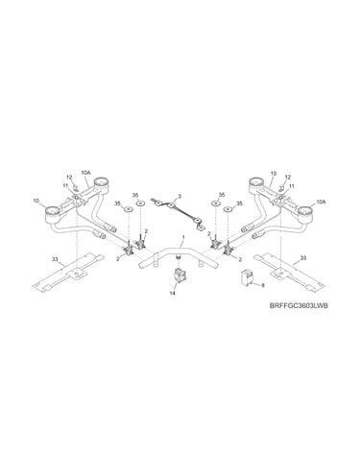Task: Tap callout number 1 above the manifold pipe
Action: (x=183, y=237)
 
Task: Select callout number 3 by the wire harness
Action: (x=180, y=196)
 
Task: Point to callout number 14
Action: (x=173, y=293)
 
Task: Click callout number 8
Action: (x=263, y=285)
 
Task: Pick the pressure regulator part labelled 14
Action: (x=178, y=276)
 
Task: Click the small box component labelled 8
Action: (x=246, y=276)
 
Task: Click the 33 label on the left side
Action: (x=55, y=259)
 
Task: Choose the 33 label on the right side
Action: (x=303, y=258)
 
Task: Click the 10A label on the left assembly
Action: (x=86, y=172)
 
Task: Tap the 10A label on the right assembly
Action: (x=321, y=202)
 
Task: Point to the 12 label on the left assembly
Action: (x=69, y=177)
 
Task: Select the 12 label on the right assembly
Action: (x=288, y=177)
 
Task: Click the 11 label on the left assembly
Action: (x=65, y=185)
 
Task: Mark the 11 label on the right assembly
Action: (x=292, y=186)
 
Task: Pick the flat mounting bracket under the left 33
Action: (x=68, y=272)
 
